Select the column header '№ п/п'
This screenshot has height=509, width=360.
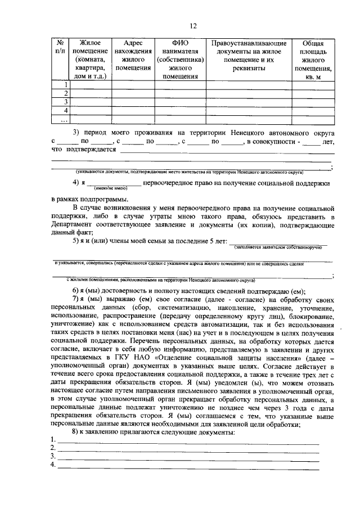pyautogui.click(x=59, y=47)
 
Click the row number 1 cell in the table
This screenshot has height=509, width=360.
pyautogui.click(x=59, y=85)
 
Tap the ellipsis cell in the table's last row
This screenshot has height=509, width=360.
pyautogui.click(x=59, y=119)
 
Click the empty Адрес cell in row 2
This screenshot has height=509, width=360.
pyautogui.click(x=133, y=93)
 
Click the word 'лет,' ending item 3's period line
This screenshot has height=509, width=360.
pyautogui.click(x=328, y=142)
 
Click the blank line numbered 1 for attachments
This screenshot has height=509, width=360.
pyautogui.click(x=188, y=440)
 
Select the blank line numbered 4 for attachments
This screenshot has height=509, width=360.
pyautogui.click(x=188, y=466)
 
